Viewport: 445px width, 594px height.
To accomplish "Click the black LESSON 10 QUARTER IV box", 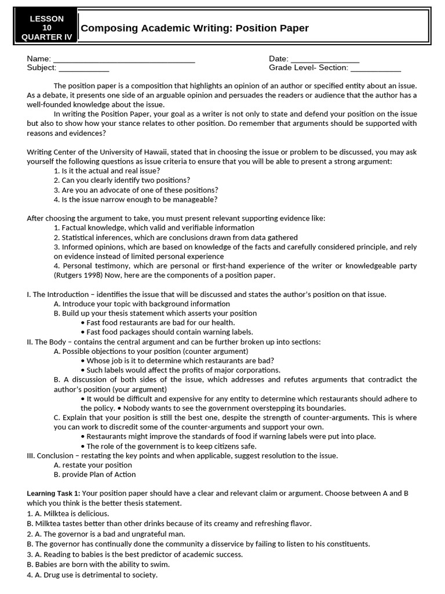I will coord(47,28).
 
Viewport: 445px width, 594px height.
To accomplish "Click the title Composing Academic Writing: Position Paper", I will coord(195,28).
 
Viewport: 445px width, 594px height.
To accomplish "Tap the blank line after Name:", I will coord(123,59).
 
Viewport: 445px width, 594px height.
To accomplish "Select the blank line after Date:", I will coord(324,59).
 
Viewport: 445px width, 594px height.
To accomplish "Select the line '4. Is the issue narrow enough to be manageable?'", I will coord(136,200).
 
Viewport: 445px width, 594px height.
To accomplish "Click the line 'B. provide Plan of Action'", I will coord(94,475).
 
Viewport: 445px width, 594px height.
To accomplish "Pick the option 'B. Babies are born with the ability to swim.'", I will coord(98,564).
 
